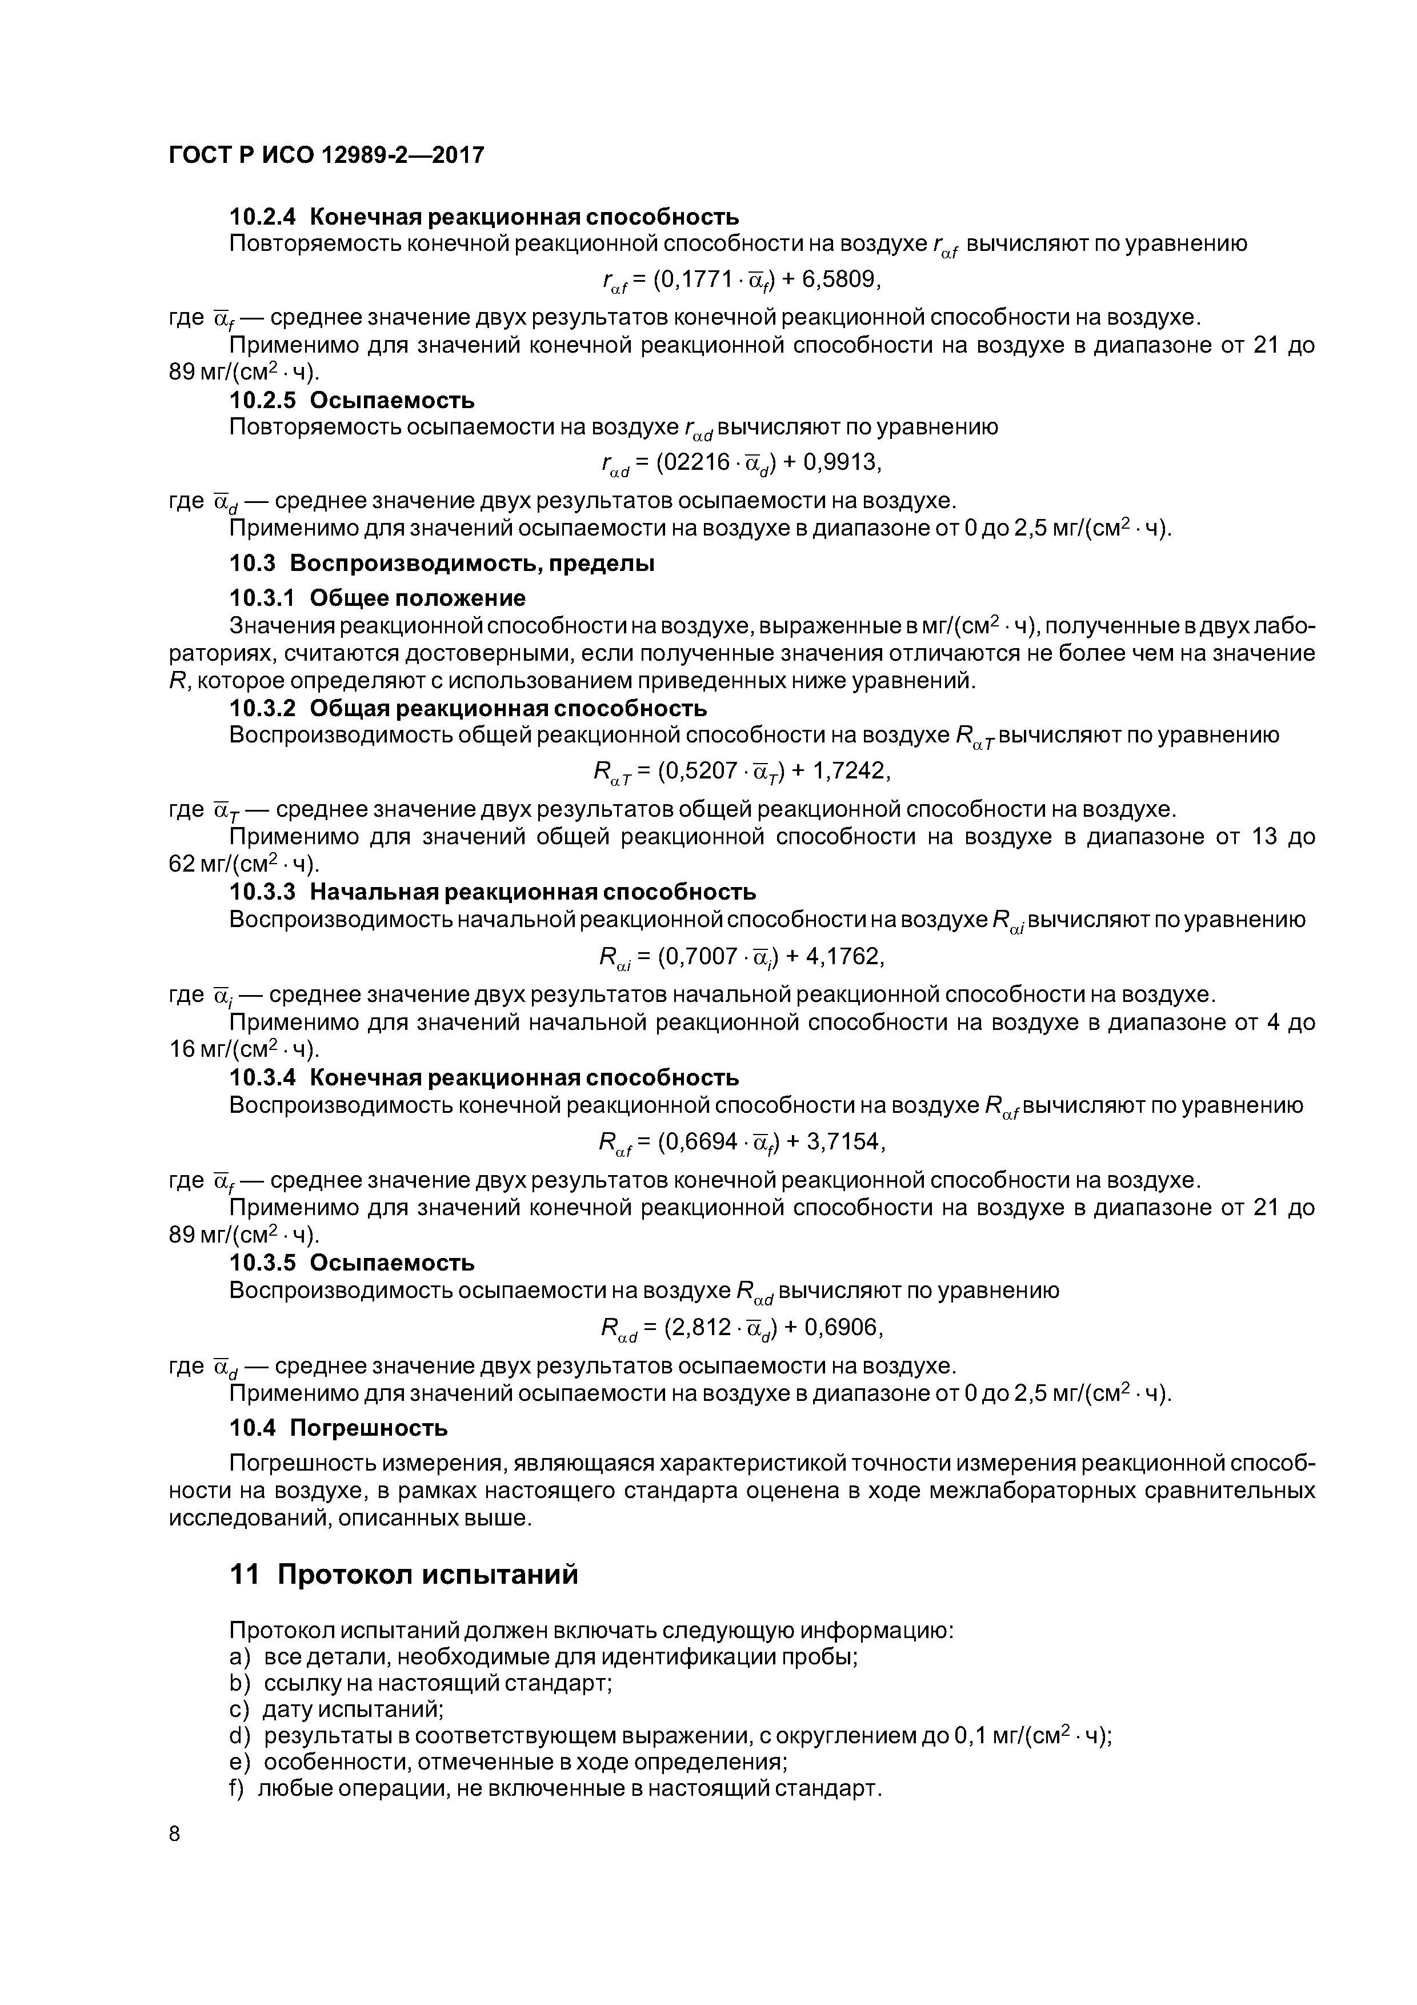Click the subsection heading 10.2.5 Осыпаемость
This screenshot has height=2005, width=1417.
point(352,400)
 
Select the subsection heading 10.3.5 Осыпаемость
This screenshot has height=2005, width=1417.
point(352,1263)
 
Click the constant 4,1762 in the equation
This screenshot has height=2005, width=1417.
point(844,957)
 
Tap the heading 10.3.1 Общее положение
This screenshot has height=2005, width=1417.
point(377,598)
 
